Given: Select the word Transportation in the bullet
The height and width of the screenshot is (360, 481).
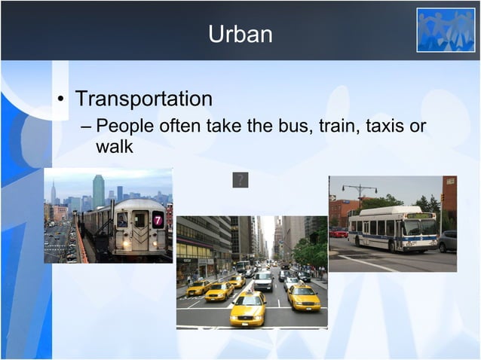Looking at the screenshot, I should pos(143,99).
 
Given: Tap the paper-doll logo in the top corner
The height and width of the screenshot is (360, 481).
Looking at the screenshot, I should pos(446,30).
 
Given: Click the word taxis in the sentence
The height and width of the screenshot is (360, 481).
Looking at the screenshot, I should pos(384,125).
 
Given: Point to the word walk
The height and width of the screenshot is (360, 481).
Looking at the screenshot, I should pos(114,146).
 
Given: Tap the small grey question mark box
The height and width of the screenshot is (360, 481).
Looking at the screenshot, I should pos(240,180).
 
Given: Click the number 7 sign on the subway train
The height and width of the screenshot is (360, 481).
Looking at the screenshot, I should pos(158,220).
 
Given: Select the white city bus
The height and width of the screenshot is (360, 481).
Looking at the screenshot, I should pos(393,229).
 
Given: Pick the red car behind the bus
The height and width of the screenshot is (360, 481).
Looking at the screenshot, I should pos(339,233).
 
